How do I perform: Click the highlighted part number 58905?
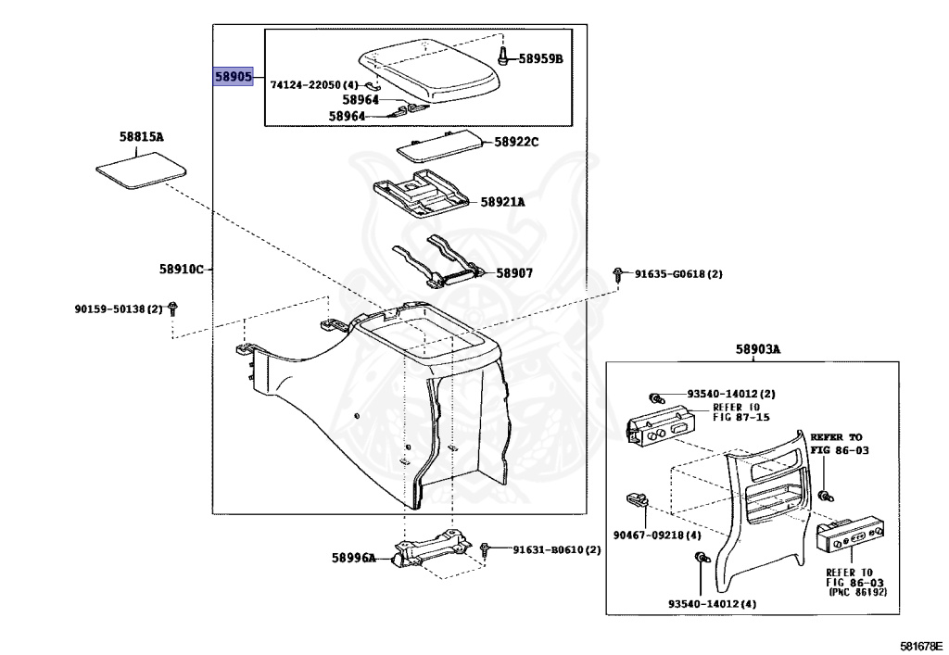(x=234, y=77)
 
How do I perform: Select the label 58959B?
(x=540, y=59)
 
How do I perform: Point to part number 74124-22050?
(x=307, y=84)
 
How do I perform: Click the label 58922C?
(x=516, y=142)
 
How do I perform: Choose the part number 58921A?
(x=502, y=202)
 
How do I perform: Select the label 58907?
(x=514, y=273)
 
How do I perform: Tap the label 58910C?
(x=181, y=270)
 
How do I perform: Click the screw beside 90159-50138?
(x=173, y=309)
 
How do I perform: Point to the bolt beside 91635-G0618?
(x=618, y=274)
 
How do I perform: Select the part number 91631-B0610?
(x=556, y=549)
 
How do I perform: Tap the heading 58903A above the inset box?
(x=758, y=349)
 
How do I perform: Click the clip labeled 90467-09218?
(x=636, y=499)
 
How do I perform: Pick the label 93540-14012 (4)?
(x=712, y=604)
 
